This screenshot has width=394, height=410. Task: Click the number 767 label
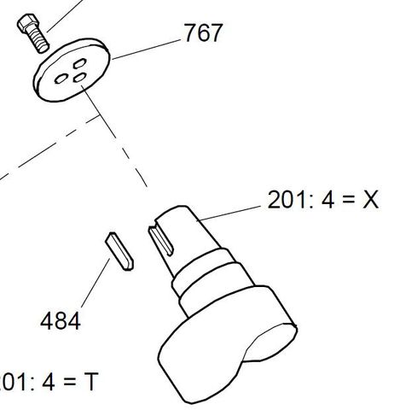(203, 33)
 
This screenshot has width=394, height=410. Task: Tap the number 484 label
(61, 321)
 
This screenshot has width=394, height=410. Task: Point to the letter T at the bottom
(89, 382)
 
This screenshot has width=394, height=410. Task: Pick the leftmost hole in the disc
(61, 78)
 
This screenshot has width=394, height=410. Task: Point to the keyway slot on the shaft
(164, 243)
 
